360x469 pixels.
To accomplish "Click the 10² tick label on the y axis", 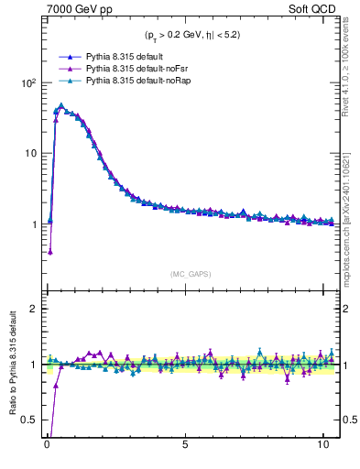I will (27, 82).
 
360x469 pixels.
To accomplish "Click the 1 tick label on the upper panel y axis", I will (33, 224).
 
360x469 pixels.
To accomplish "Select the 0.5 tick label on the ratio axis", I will (28, 420).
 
